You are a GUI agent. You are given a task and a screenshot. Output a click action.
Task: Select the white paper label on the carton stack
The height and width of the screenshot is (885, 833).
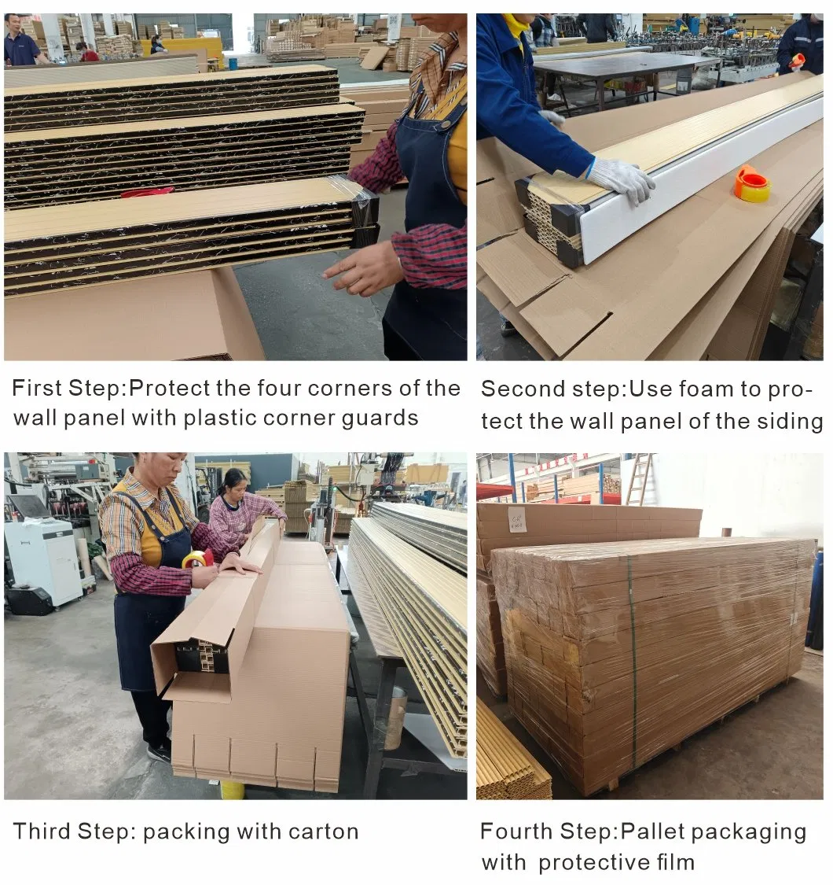point(517,520)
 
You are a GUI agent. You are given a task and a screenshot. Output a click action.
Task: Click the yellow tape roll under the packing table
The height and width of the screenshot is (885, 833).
point(232,789)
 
